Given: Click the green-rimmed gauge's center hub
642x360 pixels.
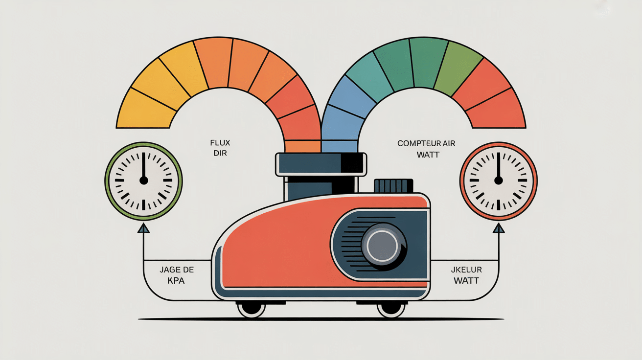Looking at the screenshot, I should point(143,180).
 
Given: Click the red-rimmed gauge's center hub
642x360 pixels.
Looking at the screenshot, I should point(499,180).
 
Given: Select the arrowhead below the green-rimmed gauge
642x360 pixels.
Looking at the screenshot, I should point(143,228).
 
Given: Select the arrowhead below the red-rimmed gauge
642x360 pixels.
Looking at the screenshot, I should point(499,228).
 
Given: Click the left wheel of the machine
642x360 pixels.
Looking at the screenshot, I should point(252,308).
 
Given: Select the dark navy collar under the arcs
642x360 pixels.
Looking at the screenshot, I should point(321,164).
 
